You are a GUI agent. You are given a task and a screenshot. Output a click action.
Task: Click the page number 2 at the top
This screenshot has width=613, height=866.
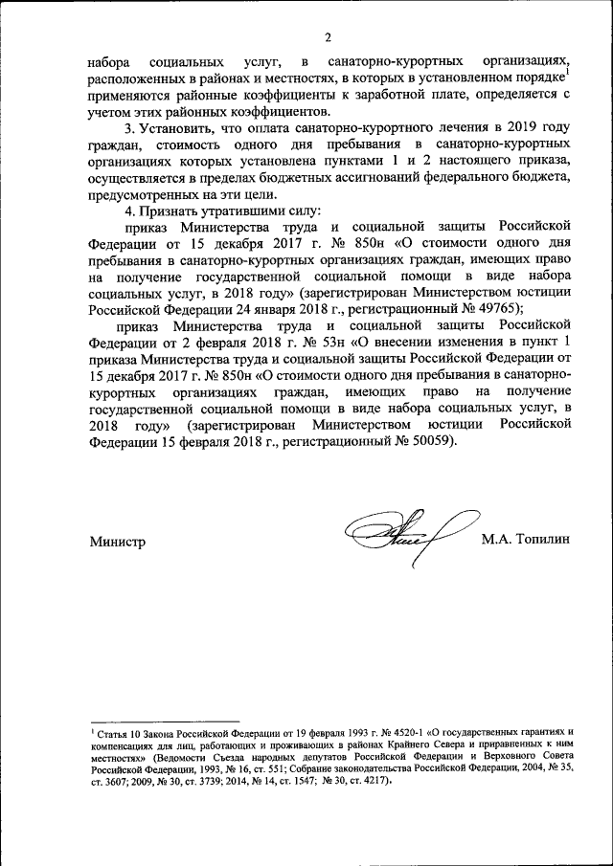click(x=326, y=37)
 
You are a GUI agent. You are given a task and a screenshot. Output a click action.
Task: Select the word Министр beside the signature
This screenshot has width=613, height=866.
click(x=118, y=542)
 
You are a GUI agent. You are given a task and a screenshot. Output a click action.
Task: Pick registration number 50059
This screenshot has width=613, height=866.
click(x=433, y=441)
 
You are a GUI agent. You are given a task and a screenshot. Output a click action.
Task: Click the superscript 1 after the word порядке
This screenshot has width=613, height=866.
click(x=568, y=70)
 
